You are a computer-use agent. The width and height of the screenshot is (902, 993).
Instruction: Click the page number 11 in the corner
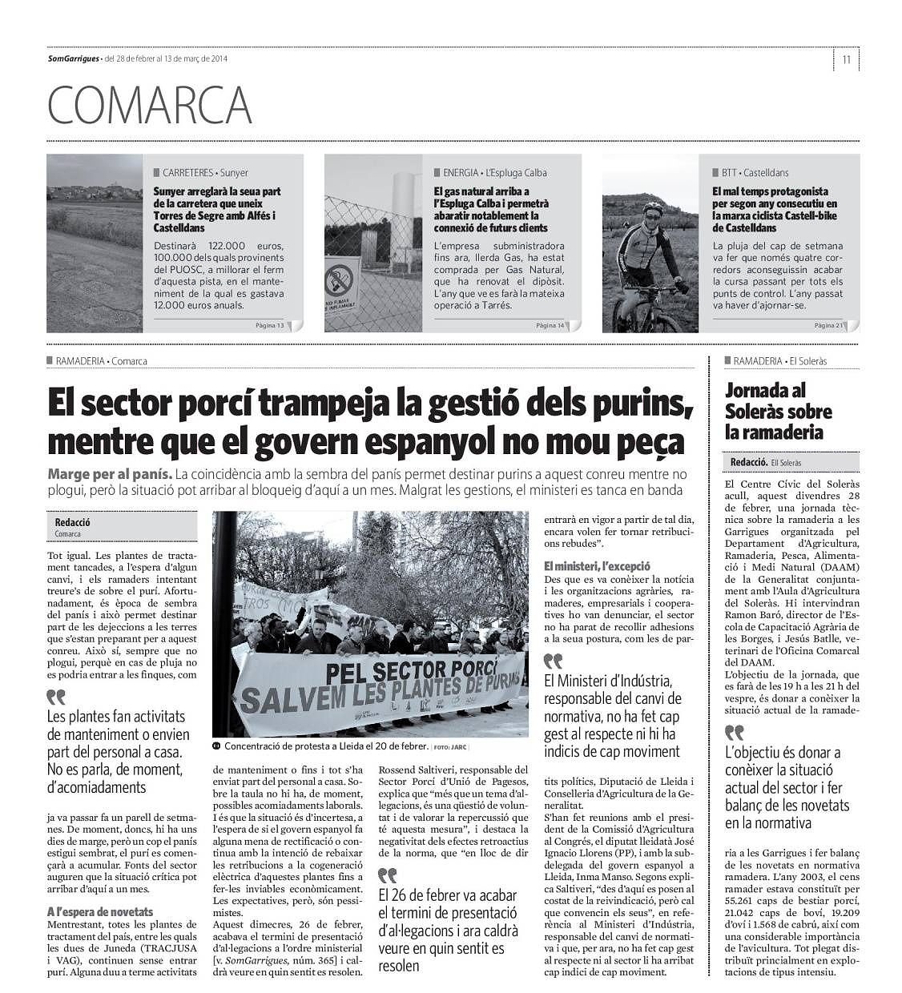846,59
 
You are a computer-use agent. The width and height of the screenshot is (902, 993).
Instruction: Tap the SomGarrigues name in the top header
73,58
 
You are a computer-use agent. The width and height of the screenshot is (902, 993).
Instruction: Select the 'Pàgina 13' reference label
269,325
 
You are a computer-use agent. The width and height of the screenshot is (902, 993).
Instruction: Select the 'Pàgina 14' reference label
550,325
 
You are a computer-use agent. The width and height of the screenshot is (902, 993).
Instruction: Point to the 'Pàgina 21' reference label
828,325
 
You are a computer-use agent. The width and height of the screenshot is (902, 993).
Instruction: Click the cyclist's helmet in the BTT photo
653,211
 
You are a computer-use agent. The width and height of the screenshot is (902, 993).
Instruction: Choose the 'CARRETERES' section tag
187,172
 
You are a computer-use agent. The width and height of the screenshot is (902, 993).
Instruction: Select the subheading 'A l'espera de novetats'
100,911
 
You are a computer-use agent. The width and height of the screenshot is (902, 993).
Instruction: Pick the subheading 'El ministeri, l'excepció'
597,566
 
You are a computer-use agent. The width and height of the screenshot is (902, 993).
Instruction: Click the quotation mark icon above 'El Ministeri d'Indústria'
553,661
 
